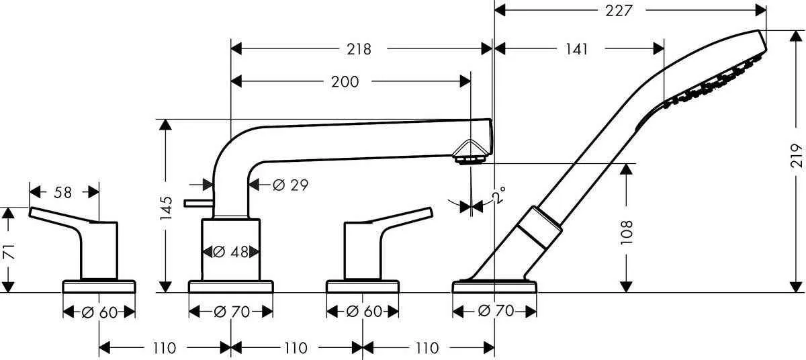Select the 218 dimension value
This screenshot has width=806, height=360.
[x=359, y=49]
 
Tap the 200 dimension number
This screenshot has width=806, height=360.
[x=345, y=82]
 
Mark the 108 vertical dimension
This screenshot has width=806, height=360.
[x=627, y=232]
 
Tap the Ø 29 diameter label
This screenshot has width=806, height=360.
[x=290, y=185]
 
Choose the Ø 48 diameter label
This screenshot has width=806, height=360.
[x=231, y=252]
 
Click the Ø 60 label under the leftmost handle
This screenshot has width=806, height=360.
[x=99, y=312]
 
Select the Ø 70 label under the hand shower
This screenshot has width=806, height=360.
[x=495, y=312]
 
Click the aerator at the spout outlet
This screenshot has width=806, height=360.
[x=469, y=159]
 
